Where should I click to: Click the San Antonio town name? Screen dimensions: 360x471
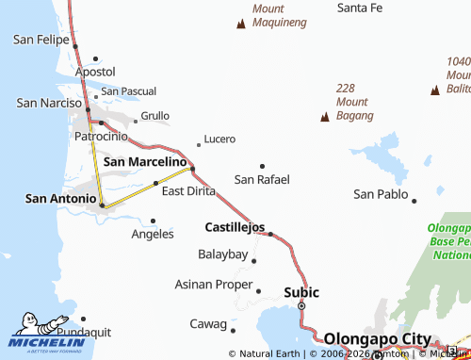click(60, 198)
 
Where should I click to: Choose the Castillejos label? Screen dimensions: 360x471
click(235, 227)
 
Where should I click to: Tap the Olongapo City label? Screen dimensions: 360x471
click(377, 339)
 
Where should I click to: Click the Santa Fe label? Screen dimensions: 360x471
click(360, 8)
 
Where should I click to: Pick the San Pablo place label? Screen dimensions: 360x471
click(381, 194)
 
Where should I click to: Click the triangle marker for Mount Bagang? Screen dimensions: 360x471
click(325, 117)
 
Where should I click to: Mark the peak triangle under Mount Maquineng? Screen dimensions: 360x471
click(241, 24)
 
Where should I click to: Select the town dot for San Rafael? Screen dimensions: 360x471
click(262, 166)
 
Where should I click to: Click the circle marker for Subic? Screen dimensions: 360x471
click(301, 306)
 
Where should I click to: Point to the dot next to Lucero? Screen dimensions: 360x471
click(198, 145)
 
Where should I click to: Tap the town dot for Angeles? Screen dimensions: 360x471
click(153, 221)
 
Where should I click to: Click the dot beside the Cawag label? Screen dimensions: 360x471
click(233, 330)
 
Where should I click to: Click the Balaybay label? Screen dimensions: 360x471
click(222, 254)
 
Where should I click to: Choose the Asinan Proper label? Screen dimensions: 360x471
click(214, 284)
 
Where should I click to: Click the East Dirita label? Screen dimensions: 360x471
click(188, 190)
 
